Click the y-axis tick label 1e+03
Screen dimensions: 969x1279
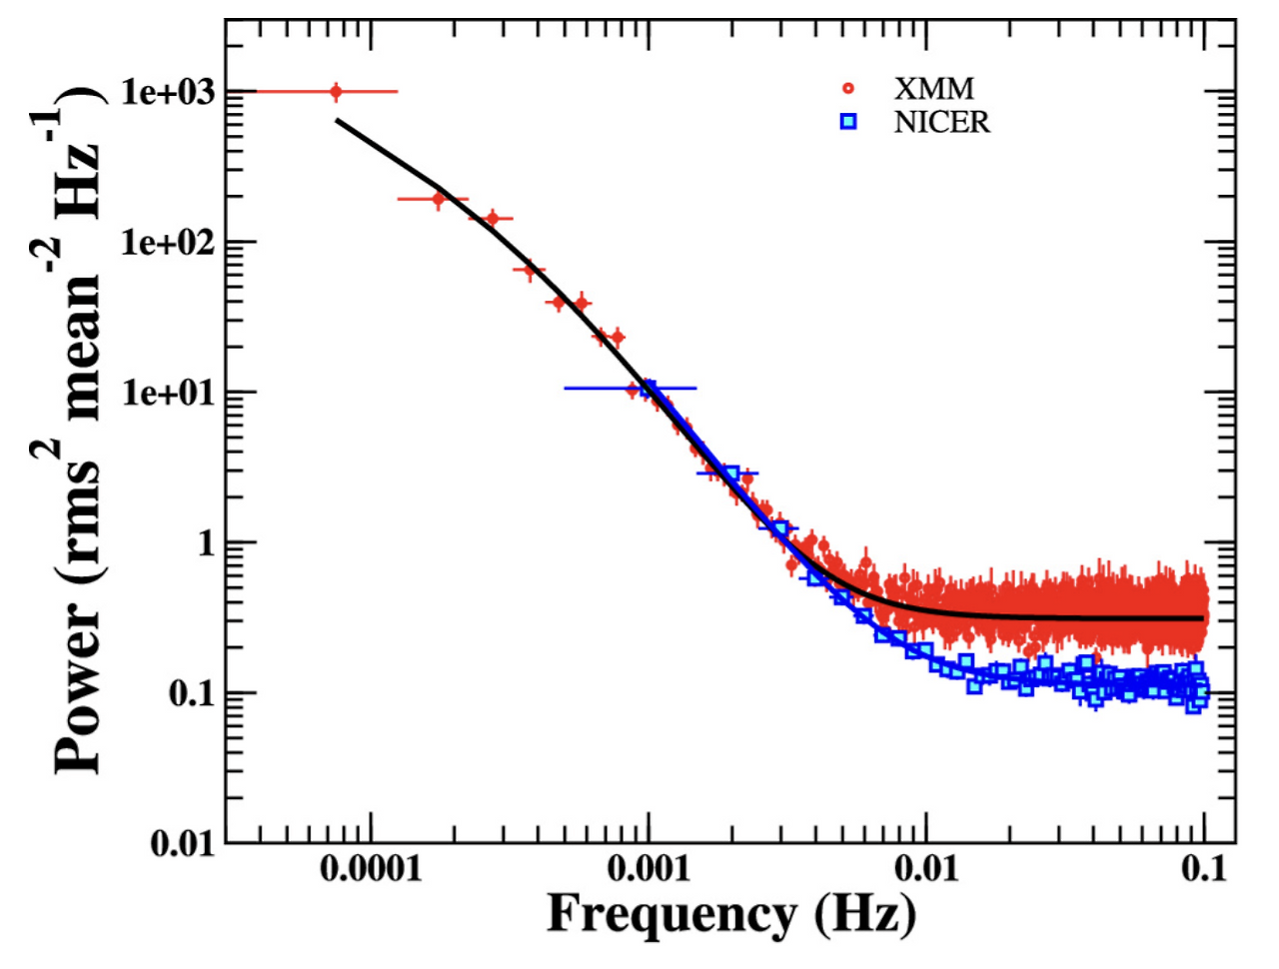tap(168, 92)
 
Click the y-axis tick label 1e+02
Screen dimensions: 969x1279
tap(168, 242)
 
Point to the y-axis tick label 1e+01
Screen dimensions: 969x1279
tap(168, 393)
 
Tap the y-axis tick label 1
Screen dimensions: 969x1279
tap(204, 543)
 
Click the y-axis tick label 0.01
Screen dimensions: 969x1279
tap(184, 844)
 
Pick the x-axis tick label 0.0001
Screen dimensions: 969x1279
tap(371, 869)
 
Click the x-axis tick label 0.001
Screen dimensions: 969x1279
tap(648, 869)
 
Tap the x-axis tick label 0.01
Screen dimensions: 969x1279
tap(926, 869)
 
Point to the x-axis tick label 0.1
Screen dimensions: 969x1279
tap(1203, 869)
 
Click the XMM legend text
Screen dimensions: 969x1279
tap(933, 89)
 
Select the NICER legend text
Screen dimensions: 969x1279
tap(941, 122)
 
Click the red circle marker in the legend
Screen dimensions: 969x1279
tap(849, 89)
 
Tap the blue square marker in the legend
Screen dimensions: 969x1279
tap(849, 122)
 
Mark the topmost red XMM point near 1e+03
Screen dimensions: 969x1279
tap(336, 92)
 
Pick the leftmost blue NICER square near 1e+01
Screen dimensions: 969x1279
tap(647, 388)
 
